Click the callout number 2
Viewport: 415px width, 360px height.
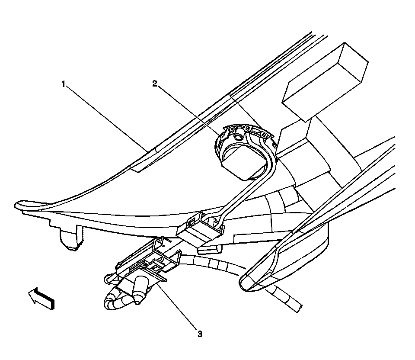(155, 84)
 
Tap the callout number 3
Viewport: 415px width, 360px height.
(199, 334)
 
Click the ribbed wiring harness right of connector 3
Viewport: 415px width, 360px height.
(212, 264)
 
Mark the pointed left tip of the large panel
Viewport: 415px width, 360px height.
(19, 203)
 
